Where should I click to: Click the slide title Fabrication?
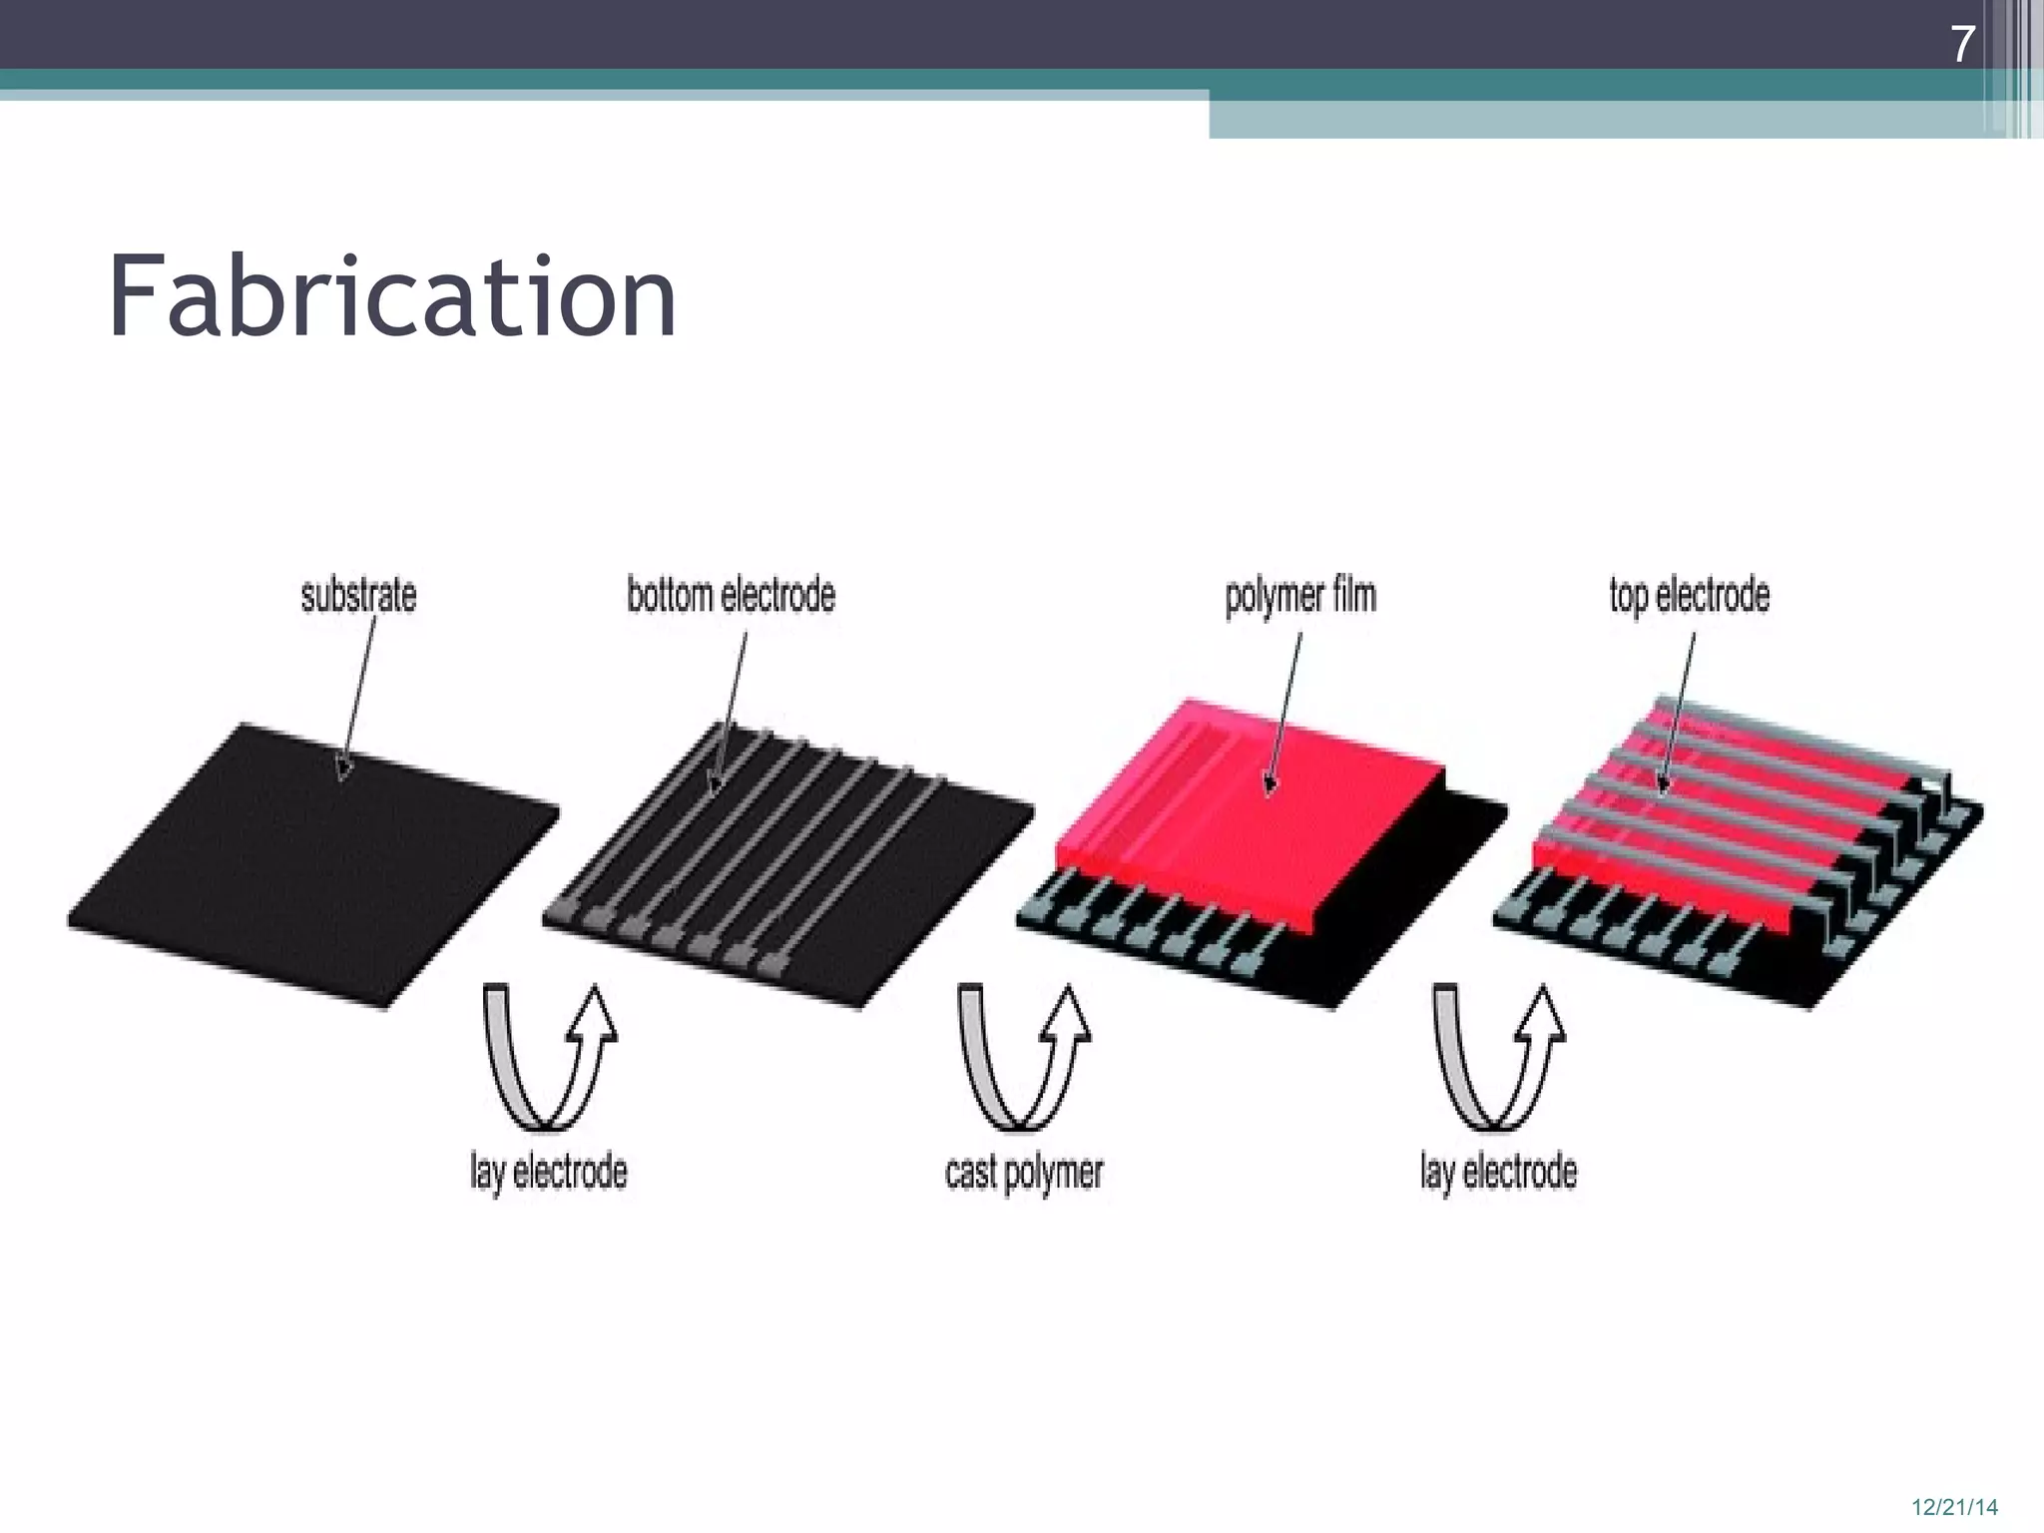point(392,296)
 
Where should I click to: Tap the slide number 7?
point(1962,44)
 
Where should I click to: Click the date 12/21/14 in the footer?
point(1954,1507)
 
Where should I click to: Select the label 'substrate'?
point(358,595)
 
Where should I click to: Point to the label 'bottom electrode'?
point(731,595)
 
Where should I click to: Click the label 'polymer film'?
point(1300,596)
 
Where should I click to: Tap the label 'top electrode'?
point(1689,595)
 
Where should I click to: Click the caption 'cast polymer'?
point(1024,1172)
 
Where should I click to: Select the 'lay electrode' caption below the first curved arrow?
point(549,1172)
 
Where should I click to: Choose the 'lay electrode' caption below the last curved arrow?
point(1498,1172)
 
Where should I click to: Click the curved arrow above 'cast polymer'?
point(1024,1058)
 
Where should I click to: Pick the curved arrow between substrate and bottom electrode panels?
point(549,1058)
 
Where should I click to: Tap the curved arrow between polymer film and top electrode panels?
point(1498,1058)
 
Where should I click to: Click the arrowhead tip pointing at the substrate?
point(342,777)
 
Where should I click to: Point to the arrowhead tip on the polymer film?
point(1270,793)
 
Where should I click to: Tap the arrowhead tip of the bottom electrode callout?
point(713,794)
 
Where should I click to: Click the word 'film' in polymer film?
point(1352,596)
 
